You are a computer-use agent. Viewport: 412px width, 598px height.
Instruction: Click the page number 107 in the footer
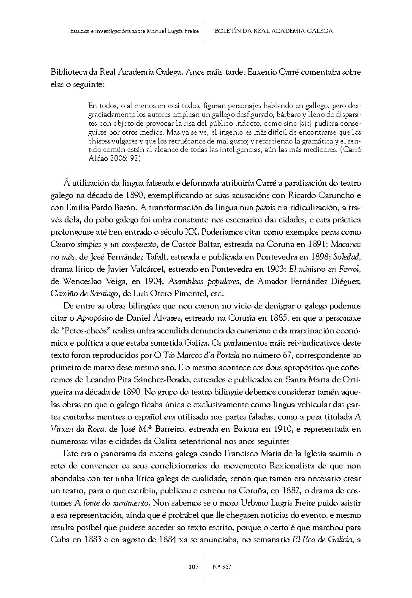tap(193, 567)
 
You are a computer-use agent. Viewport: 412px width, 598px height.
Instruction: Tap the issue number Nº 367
tap(222, 567)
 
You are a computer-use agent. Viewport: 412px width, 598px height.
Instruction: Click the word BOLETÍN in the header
tap(229, 31)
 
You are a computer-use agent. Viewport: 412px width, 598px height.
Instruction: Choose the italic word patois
tap(265, 208)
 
